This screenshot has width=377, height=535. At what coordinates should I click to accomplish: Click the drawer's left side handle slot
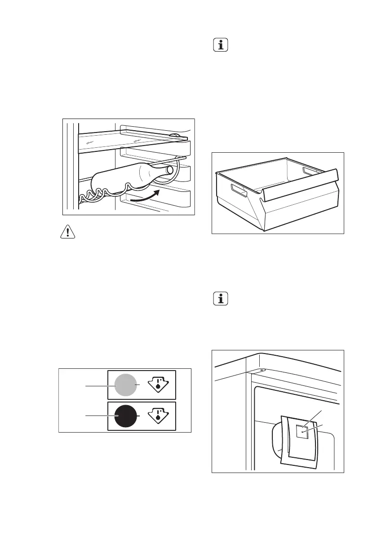[x=239, y=191]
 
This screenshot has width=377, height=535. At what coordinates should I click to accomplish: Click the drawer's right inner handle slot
[x=310, y=171]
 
